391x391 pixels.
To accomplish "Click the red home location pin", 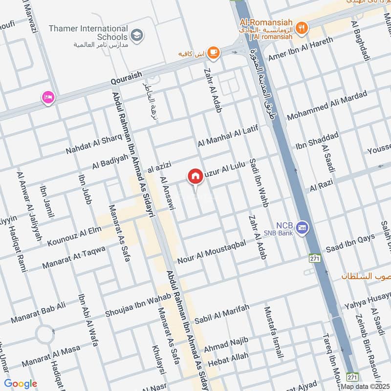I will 195,176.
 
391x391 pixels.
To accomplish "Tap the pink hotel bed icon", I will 48,98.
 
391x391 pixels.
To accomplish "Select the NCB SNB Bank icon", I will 303,228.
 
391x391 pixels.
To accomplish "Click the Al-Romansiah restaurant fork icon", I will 303,27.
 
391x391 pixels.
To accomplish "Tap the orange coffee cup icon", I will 213,52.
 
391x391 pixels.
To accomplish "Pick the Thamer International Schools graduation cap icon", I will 137,35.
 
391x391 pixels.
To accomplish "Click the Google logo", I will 20,384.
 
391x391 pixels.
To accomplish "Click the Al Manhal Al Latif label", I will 227,136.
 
